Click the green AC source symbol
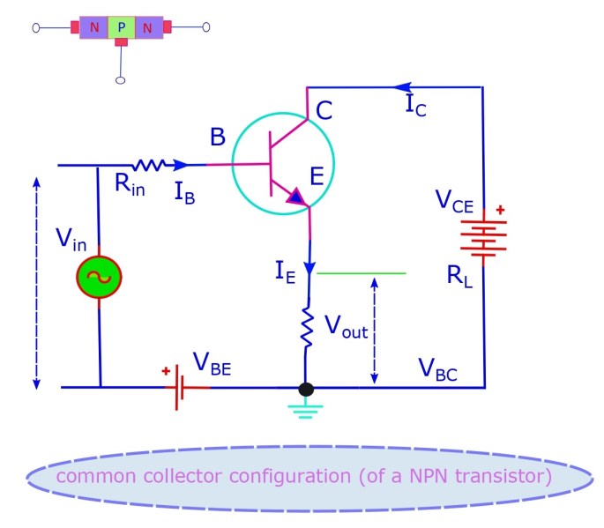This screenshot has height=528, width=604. pyautogui.click(x=98, y=277)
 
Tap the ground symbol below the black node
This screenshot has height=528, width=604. pyautogui.click(x=306, y=409)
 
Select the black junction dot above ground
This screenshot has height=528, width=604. pyautogui.click(x=306, y=389)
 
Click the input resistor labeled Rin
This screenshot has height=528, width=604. pyautogui.click(x=149, y=165)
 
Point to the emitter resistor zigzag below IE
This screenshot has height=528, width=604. pyautogui.click(x=307, y=327)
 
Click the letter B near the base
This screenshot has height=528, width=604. pyautogui.click(x=218, y=138)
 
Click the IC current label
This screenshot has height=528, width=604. pyautogui.click(x=416, y=105)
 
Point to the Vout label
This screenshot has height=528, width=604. pyautogui.click(x=345, y=329)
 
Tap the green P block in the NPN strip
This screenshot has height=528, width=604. pyautogui.click(x=121, y=28)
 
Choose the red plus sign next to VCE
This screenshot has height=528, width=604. pyautogui.click(x=501, y=211)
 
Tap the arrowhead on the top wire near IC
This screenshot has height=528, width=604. pyautogui.click(x=403, y=87)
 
